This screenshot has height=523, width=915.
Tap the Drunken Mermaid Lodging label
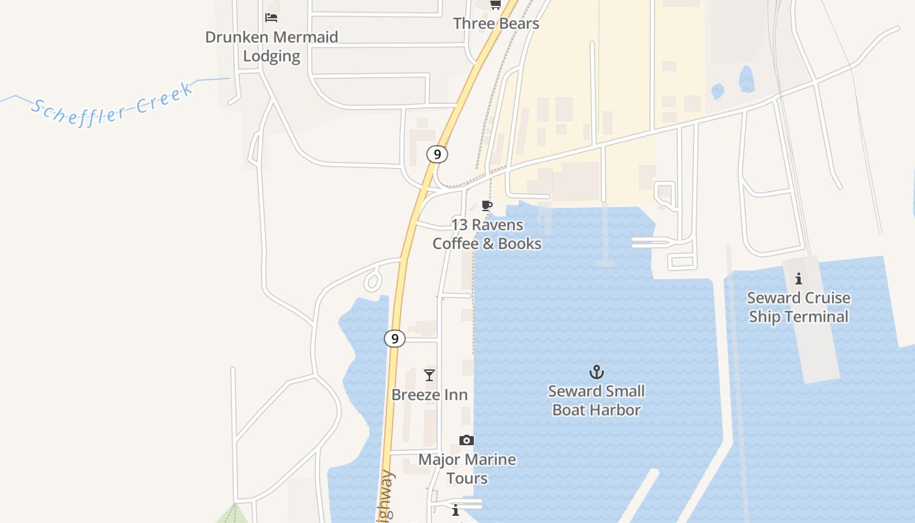pyautogui.click(x=271, y=46)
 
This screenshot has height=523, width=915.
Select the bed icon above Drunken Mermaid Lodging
pyautogui.click(x=271, y=18)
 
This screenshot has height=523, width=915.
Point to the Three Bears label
pyautogui.click(x=496, y=24)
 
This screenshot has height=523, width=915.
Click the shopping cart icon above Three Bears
pyautogui.click(x=495, y=5)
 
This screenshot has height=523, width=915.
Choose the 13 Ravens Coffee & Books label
pyautogui.click(x=487, y=234)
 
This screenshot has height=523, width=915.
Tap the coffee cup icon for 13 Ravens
pyautogui.click(x=486, y=206)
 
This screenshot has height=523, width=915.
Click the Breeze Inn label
pyautogui.click(x=429, y=395)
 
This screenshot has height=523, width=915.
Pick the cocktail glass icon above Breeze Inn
pyautogui.click(x=429, y=375)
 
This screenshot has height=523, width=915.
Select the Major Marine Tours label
pyautogui.click(x=467, y=469)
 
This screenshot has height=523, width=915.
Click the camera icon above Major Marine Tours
pyautogui.click(x=466, y=440)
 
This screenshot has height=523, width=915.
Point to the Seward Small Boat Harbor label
pyautogui.click(x=596, y=401)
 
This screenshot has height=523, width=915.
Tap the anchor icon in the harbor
pyautogui.click(x=596, y=373)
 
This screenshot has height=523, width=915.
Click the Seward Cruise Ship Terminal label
pyautogui.click(x=799, y=307)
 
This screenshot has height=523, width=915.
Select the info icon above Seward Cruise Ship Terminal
pyautogui.click(x=799, y=279)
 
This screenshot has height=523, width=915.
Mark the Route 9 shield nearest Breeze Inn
pyautogui.click(x=394, y=339)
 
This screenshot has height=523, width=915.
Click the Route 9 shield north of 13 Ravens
pyautogui.click(x=437, y=154)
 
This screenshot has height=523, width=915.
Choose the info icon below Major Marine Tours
pyautogui.click(x=456, y=509)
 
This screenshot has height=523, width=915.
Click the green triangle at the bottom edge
pyautogui.click(x=233, y=515)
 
